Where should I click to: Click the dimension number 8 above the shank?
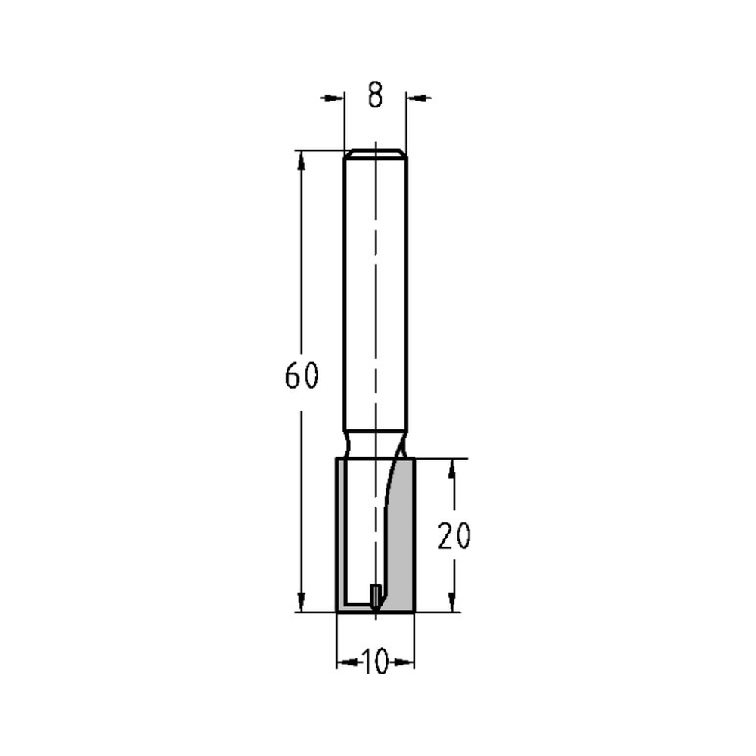point(376,95)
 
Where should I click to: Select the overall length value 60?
point(302,376)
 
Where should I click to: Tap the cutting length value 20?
point(454,535)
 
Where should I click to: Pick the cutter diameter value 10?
point(375,663)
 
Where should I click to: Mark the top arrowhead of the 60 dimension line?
point(302,160)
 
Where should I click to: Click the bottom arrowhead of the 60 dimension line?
point(302,602)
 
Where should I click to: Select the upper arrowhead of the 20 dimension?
point(453,468)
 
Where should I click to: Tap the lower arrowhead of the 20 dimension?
point(453,602)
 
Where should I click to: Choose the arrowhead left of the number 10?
point(347,663)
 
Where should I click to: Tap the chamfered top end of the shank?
point(376,153)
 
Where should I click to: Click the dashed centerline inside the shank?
point(376,302)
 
